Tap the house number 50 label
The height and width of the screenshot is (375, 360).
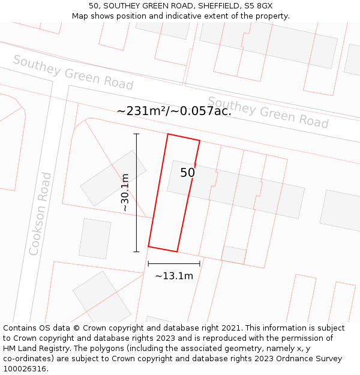click(x=188, y=173)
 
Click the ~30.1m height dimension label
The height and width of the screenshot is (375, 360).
click(x=125, y=193)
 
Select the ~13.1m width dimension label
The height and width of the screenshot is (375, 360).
click(x=174, y=276)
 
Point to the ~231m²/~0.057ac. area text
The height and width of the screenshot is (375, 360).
click(x=174, y=110)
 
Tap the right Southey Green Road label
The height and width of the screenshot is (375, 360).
click(x=268, y=112)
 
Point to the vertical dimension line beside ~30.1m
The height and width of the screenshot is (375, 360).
click(x=137, y=193)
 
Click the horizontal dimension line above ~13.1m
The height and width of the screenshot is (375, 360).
click(x=174, y=263)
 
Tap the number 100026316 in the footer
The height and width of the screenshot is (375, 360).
click(x=24, y=368)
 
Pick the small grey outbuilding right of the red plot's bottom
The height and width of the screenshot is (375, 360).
click(x=234, y=254)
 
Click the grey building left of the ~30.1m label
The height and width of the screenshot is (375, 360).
click(x=113, y=178)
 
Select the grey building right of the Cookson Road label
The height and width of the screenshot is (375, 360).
click(x=95, y=239)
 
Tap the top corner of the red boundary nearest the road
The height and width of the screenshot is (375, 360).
click(x=168, y=134)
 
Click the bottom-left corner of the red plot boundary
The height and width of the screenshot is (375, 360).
click(x=148, y=247)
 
